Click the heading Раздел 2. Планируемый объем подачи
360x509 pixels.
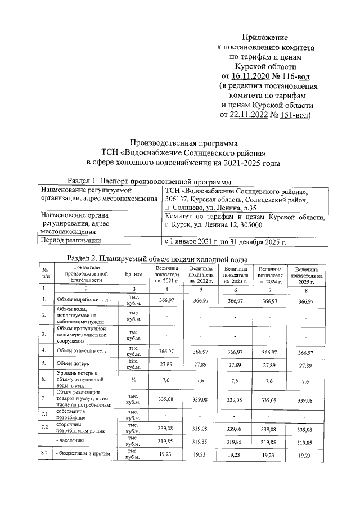click(x=157, y=258)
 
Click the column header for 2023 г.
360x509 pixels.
click(x=236, y=275)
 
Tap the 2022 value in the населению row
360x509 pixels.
click(x=200, y=442)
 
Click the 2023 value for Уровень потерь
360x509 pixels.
click(x=236, y=381)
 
